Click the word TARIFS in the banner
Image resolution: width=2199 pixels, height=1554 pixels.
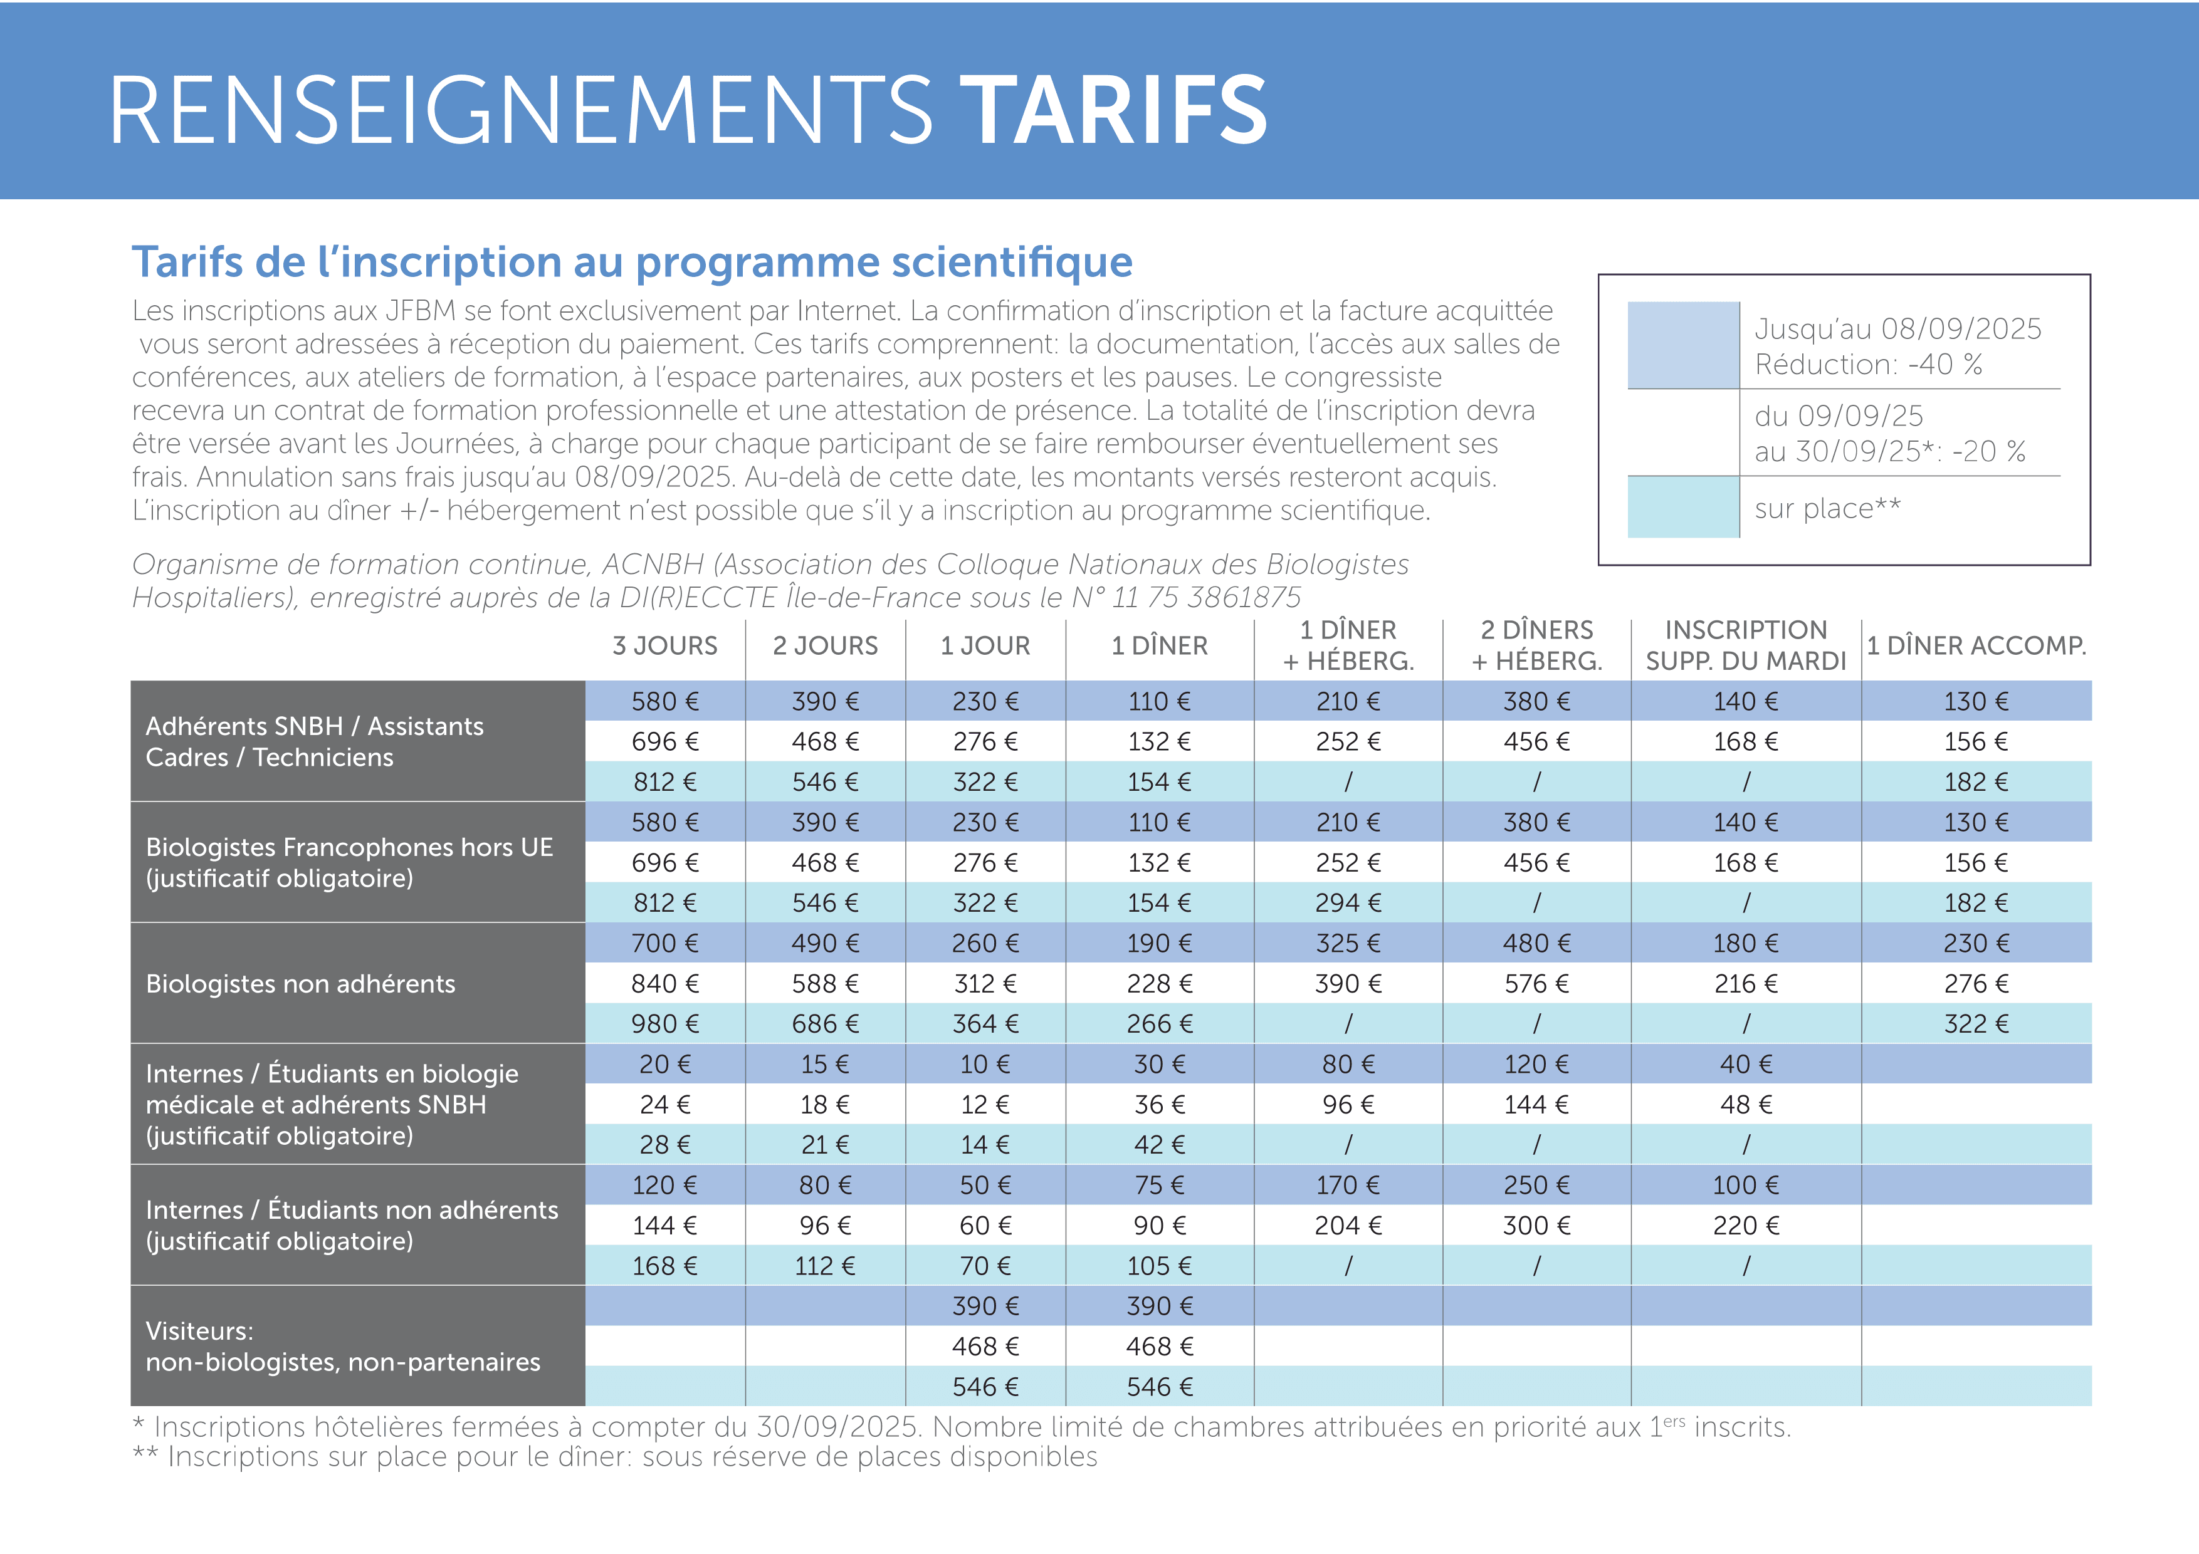(1114, 111)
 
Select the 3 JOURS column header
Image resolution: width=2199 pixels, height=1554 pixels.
(664, 646)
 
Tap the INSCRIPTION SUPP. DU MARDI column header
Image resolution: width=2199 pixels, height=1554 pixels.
(1745, 645)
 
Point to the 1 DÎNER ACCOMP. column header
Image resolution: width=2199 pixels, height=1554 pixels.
(1976, 646)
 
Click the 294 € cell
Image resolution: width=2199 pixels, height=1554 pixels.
(1348, 903)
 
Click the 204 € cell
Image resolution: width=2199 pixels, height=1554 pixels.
(1348, 1226)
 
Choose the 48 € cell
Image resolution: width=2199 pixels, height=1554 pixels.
(1745, 1105)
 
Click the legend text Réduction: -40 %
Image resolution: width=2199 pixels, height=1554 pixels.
(1867, 365)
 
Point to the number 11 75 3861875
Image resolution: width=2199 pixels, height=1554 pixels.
(1205, 597)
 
